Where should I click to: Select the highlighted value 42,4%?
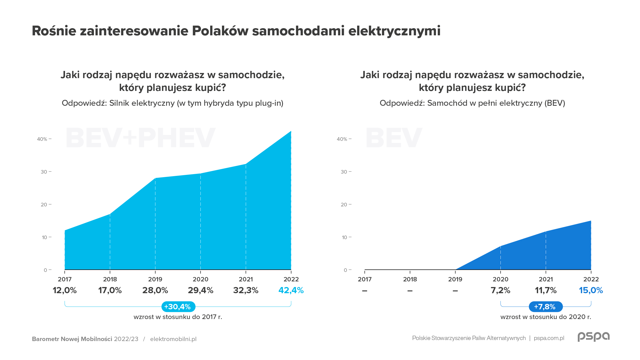pyautogui.click(x=291, y=290)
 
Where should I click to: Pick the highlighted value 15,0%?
pyautogui.click(x=591, y=290)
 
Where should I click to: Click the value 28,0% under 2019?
pyautogui.click(x=155, y=290)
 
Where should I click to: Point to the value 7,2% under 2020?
pyautogui.click(x=500, y=290)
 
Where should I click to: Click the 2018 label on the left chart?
pyautogui.click(x=110, y=279)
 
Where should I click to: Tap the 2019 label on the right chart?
pyautogui.click(x=455, y=279)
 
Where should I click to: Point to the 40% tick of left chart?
pyautogui.click(x=42, y=139)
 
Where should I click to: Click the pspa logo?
pyautogui.click(x=593, y=337)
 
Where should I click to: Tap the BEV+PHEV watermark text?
pyautogui.click(x=141, y=138)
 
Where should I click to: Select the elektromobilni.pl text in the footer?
pyautogui.click(x=173, y=339)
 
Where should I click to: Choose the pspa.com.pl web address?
pyautogui.click(x=549, y=338)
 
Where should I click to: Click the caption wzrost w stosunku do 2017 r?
pyautogui.click(x=178, y=317)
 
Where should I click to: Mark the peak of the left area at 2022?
pyautogui.click(x=291, y=131)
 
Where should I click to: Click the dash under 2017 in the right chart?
pyautogui.click(x=365, y=291)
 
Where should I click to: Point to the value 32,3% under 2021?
pyautogui.click(x=246, y=290)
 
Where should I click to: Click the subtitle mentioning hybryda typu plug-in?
pyautogui.click(x=173, y=103)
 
